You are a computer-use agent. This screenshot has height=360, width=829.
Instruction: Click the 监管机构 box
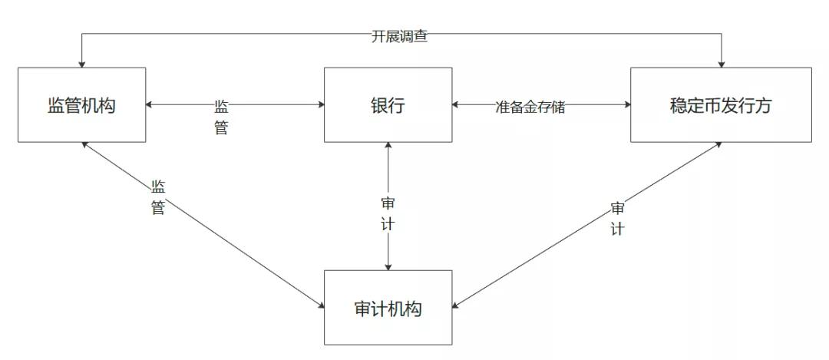(x=82, y=104)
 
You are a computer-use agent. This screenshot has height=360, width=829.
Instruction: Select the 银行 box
(x=388, y=104)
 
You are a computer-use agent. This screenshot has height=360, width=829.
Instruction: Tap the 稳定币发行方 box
(x=721, y=104)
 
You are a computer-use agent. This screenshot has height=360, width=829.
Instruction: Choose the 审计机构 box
(x=388, y=308)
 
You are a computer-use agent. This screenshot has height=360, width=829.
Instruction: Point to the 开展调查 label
(x=400, y=37)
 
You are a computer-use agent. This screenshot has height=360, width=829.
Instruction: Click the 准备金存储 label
(x=530, y=107)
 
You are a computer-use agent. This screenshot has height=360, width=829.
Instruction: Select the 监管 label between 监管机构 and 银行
(x=222, y=117)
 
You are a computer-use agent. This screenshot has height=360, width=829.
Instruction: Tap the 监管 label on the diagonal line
(x=158, y=197)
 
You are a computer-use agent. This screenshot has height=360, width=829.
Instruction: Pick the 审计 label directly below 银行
(x=388, y=215)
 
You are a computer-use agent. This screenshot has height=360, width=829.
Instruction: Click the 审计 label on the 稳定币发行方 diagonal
(x=617, y=218)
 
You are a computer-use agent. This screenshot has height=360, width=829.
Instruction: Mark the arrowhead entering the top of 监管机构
(x=82, y=64)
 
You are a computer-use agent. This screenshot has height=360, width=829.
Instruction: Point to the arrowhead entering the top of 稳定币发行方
(x=721, y=64)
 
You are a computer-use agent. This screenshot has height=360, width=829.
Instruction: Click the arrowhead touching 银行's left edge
(x=320, y=104)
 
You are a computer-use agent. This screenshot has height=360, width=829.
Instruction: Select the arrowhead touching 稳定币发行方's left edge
(x=627, y=104)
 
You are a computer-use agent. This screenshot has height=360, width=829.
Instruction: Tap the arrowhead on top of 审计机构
(x=388, y=267)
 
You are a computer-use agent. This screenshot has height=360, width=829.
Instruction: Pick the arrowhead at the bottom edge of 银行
(x=388, y=146)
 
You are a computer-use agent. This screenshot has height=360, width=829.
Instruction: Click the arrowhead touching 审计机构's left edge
(x=321, y=305)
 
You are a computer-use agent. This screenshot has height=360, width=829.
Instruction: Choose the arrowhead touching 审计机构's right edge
(x=456, y=305)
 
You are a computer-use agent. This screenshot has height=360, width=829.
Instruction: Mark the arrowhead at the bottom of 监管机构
(x=85, y=145)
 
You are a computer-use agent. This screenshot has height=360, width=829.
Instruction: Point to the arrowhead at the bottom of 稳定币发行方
(x=718, y=145)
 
